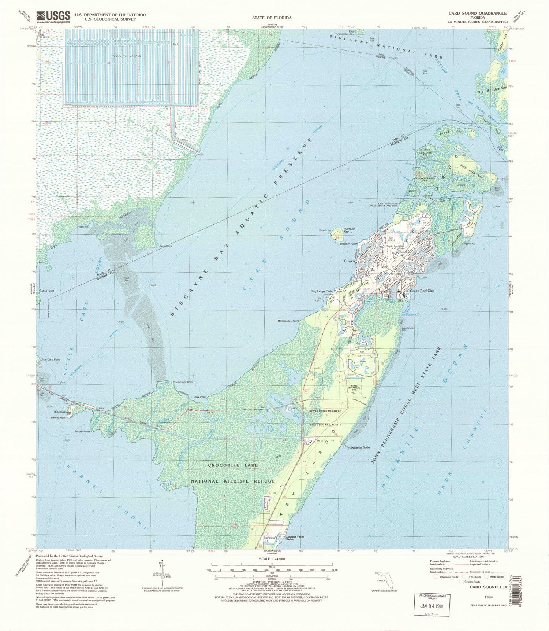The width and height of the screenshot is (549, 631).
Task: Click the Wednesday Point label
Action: (288, 321)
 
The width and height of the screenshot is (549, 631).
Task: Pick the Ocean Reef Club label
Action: (422, 291)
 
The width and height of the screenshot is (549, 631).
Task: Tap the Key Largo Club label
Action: (321, 291)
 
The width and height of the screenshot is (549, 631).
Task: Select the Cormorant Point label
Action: (183, 382)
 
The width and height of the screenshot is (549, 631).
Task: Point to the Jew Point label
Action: (201, 397)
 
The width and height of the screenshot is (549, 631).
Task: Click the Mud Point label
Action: (48, 291)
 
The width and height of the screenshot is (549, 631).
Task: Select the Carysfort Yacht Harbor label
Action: (295, 539)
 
